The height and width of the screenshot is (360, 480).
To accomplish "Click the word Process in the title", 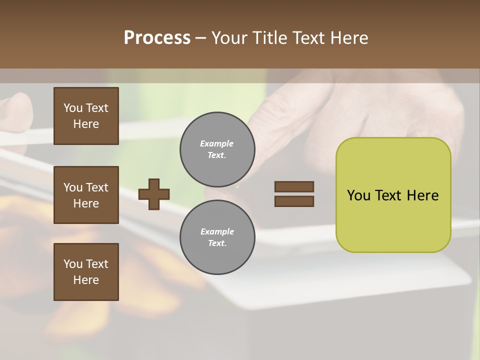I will click(x=157, y=38).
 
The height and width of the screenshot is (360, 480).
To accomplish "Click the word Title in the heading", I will click(x=270, y=38).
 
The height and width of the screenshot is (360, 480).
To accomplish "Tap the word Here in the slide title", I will click(x=349, y=38).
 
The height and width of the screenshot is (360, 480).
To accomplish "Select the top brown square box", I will click(x=86, y=116).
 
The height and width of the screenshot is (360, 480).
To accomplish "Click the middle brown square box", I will click(x=86, y=195).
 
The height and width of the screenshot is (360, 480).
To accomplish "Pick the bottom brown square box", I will click(x=86, y=272).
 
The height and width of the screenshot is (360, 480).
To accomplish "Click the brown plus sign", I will click(x=154, y=194).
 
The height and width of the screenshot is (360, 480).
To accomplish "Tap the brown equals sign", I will click(x=294, y=194).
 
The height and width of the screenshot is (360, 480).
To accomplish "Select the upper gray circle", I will click(x=217, y=149).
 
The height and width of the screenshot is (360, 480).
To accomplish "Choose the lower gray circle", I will click(x=217, y=237).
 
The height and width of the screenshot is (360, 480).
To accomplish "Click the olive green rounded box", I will click(x=393, y=195).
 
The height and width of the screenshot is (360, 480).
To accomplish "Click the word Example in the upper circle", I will click(x=216, y=143).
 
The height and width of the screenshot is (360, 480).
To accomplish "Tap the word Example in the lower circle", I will click(x=217, y=231).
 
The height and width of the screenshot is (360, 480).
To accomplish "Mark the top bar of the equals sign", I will click(x=294, y=186).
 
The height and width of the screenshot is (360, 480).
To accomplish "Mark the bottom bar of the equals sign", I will click(x=294, y=201).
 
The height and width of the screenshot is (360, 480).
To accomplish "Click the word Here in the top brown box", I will click(x=86, y=124).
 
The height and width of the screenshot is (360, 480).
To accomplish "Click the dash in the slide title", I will click(x=201, y=38).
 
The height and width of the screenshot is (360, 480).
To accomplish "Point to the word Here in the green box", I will click(x=422, y=195).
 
